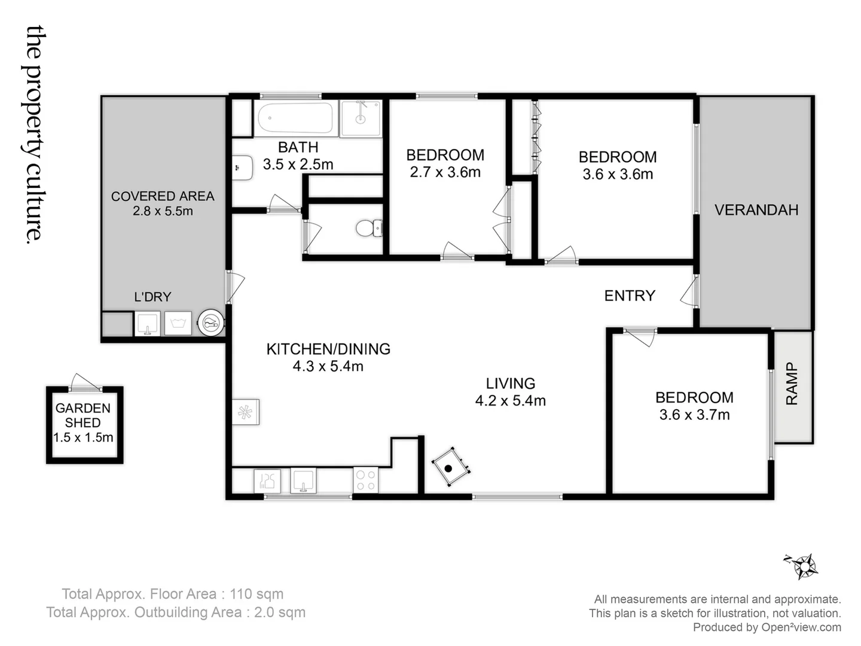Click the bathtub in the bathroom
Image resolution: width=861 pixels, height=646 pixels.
click(x=295, y=118)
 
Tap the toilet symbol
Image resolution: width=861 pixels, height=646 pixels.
click(x=367, y=228)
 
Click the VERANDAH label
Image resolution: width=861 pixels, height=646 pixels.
click(x=756, y=210)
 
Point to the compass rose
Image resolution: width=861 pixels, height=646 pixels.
click(x=805, y=565)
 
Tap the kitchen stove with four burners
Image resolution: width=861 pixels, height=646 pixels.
click(x=365, y=480)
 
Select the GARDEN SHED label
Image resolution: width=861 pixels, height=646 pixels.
click(x=83, y=415)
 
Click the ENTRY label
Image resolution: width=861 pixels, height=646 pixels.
click(x=630, y=295)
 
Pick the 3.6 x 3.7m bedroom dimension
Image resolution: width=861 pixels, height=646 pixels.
click(x=694, y=415)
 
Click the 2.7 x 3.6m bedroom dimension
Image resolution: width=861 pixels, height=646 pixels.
click(x=445, y=172)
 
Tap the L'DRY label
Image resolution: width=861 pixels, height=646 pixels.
click(x=152, y=297)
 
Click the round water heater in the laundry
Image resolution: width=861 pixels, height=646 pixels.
click(x=210, y=324)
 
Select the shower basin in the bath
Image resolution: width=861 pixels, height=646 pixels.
click(x=361, y=118)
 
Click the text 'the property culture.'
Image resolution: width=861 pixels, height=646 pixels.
click(x=34, y=135)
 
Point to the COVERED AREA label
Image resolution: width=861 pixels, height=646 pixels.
click(x=163, y=196)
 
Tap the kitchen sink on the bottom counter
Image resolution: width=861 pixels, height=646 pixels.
click(x=303, y=481)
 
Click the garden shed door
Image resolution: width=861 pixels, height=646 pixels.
click(x=84, y=383)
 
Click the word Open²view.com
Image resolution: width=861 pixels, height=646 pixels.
click(x=801, y=627)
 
